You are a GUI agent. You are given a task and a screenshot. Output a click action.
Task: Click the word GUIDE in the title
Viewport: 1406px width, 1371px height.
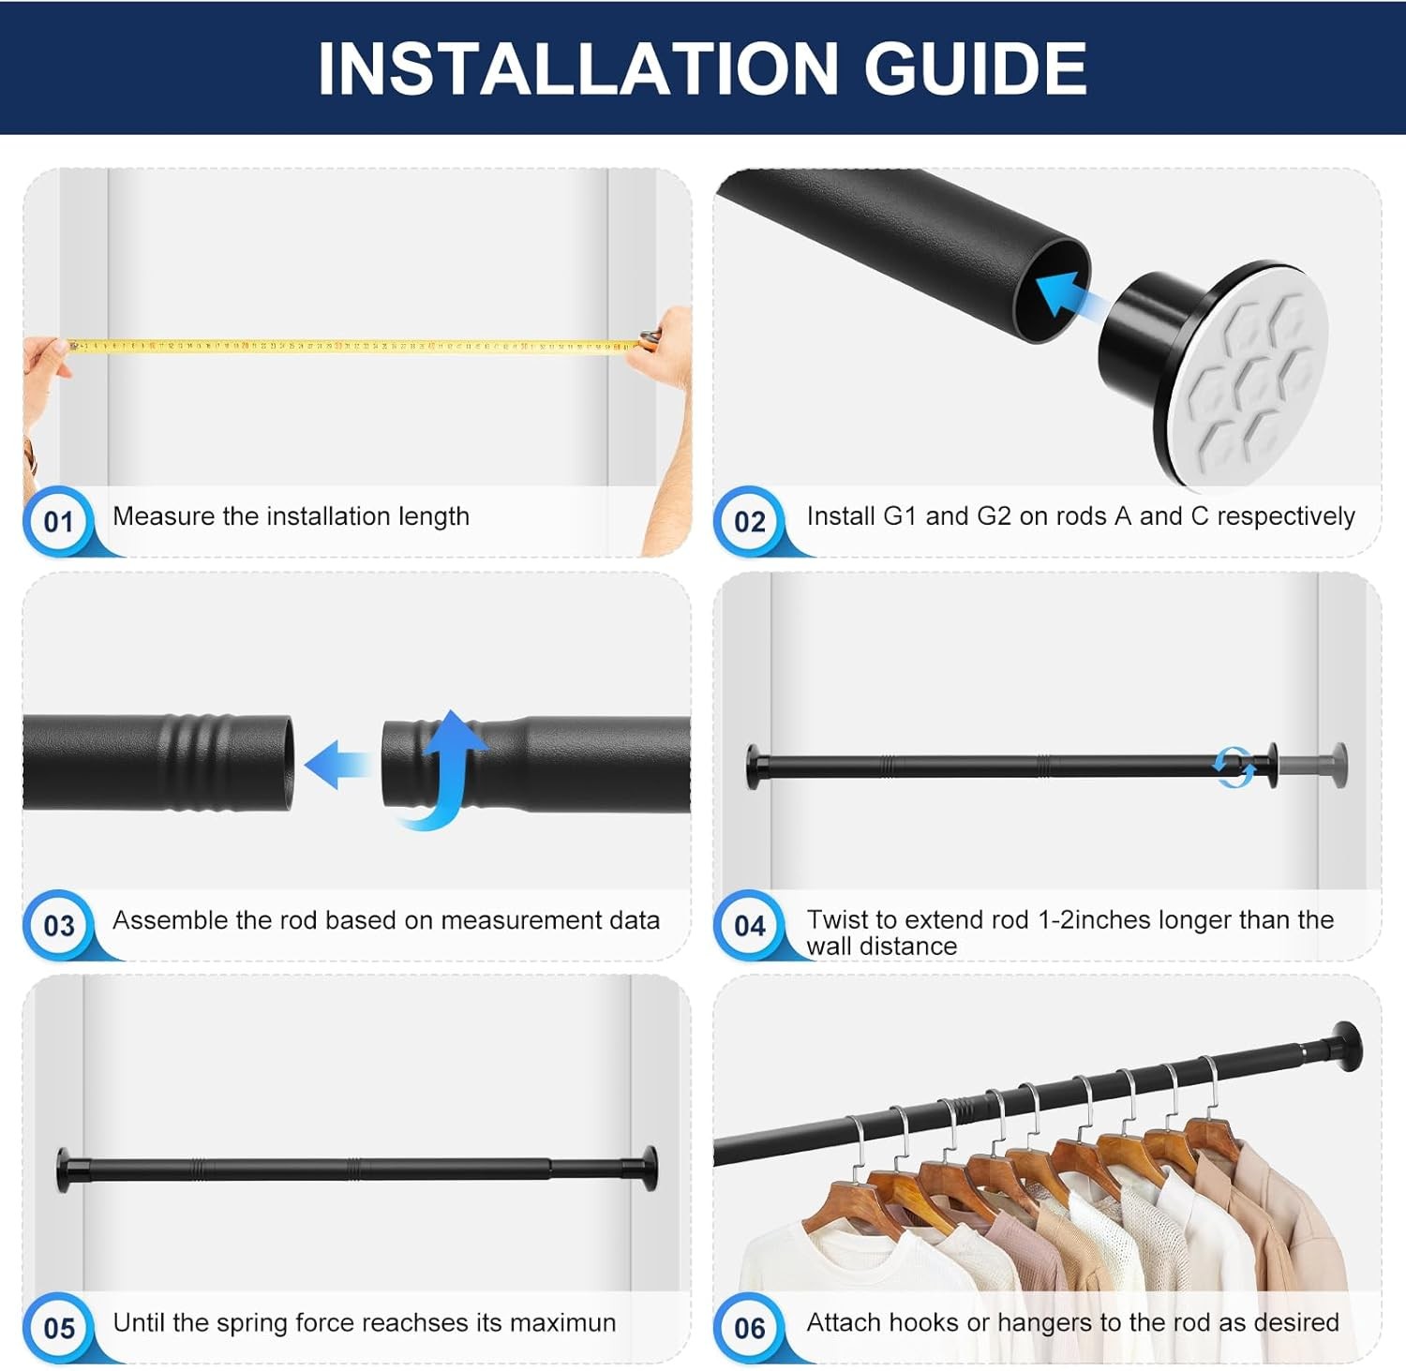[974, 68]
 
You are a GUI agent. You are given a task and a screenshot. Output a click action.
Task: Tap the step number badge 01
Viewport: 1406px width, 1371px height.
[58, 522]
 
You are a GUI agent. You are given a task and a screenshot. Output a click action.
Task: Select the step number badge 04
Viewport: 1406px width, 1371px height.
[749, 926]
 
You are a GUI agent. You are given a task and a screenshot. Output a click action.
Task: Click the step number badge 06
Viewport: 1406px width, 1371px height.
[749, 1328]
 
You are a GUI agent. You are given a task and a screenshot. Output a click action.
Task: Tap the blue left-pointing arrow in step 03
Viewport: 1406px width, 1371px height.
[337, 763]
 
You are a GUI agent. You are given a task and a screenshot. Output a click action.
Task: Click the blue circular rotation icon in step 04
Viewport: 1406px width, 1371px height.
[1233, 767]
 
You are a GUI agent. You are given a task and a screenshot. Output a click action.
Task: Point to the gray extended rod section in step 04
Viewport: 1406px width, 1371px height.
[1307, 766]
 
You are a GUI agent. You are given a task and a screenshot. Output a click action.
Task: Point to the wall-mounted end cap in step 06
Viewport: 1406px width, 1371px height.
[1346, 1045]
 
